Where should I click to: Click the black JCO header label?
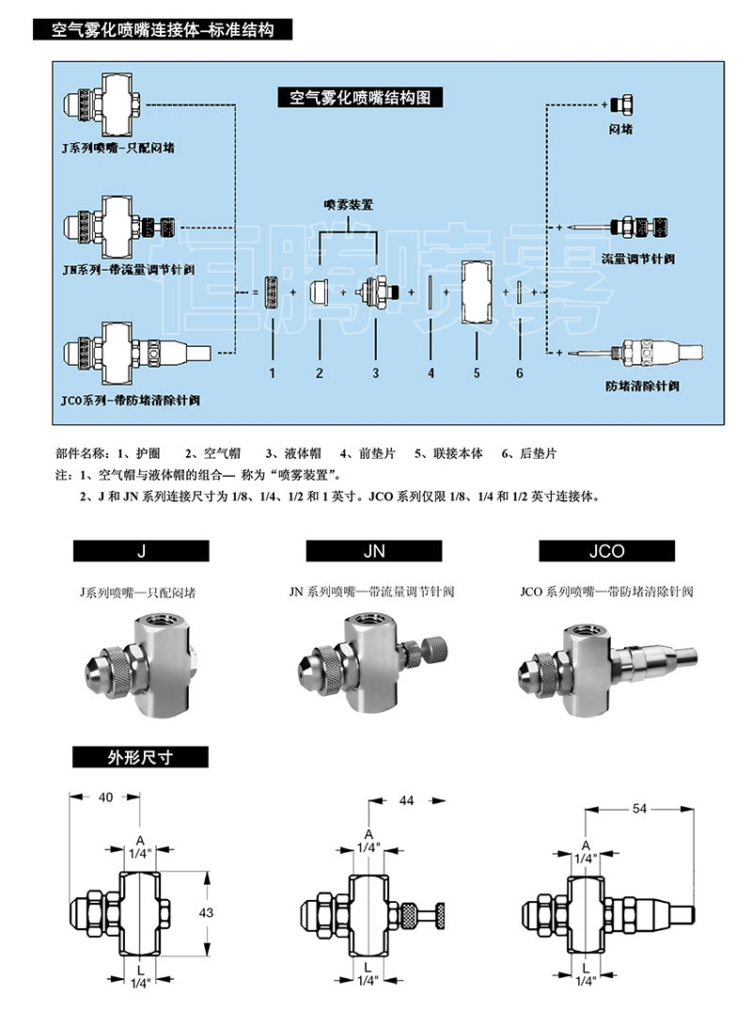pos(607,551)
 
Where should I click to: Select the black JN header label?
pos(374,551)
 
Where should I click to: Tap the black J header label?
pos(141,551)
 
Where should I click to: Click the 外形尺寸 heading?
pos(141,757)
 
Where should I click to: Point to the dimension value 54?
pos(640,808)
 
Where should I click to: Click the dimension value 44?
pos(406,800)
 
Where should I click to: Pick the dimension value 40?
pos(105,797)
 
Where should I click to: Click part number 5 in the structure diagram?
pos(477,373)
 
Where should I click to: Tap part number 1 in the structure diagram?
pos(272,373)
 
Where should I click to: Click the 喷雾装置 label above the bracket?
pos(349,203)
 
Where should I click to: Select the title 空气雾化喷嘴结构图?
pos(361,97)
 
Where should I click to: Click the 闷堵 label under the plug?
pos(620,128)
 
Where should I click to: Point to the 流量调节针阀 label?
pos(638,257)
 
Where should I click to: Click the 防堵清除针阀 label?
pos(642,387)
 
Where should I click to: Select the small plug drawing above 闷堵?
pos(620,103)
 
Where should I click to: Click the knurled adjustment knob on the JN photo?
pos(434,649)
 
